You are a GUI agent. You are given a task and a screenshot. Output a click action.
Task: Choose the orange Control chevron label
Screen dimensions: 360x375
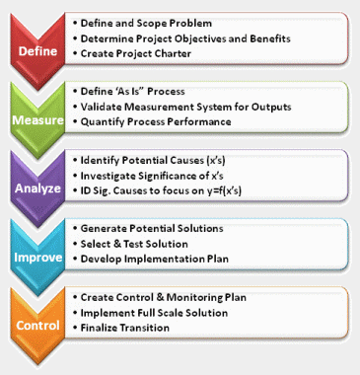(x=36, y=325)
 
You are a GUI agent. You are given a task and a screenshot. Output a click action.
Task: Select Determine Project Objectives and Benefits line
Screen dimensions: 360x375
(x=182, y=37)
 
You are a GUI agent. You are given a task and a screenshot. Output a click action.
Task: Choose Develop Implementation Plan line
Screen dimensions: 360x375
(x=157, y=262)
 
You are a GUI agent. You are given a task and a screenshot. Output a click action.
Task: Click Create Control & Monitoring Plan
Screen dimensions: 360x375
(x=174, y=297)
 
